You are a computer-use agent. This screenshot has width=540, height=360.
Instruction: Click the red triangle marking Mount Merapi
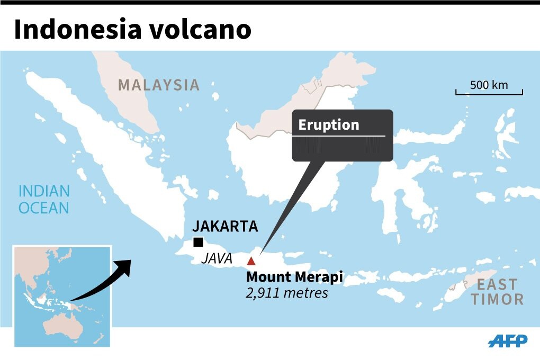(251, 260)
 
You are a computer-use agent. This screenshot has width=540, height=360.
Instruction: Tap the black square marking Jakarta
(198, 242)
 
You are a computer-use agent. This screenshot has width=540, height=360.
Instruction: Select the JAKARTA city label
(225, 227)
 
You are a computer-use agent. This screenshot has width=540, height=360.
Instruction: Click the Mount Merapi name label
(294, 277)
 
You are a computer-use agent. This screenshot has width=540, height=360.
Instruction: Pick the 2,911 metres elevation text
(286, 292)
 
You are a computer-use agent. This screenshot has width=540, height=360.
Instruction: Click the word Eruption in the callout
(328, 125)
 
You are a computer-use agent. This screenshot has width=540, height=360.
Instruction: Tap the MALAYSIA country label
(159, 85)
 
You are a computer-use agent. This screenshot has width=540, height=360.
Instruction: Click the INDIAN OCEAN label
(44, 199)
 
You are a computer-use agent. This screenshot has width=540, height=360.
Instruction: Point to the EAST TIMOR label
(497, 291)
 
